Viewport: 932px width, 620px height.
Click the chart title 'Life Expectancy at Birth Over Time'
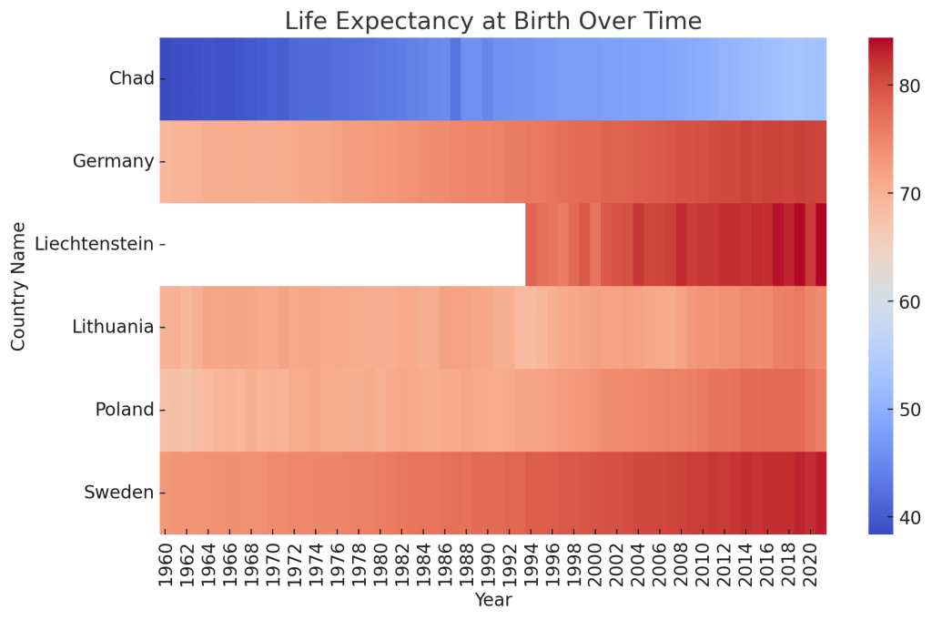click(x=492, y=20)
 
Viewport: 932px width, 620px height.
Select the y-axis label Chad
click(x=131, y=78)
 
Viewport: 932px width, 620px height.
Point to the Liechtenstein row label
click(x=94, y=244)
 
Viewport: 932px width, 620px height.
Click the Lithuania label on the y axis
click(x=113, y=327)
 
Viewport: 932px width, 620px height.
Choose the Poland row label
click(x=125, y=410)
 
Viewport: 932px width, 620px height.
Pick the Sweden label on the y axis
click(x=118, y=493)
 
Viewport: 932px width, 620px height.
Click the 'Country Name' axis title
click(x=19, y=285)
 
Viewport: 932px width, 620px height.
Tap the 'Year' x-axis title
click(x=492, y=600)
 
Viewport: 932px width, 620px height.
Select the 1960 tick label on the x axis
click(x=166, y=563)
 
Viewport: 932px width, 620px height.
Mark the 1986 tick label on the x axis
click(x=445, y=563)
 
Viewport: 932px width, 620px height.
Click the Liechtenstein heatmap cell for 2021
click(x=821, y=244)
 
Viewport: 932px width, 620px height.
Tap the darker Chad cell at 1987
click(x=456, y=78)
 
